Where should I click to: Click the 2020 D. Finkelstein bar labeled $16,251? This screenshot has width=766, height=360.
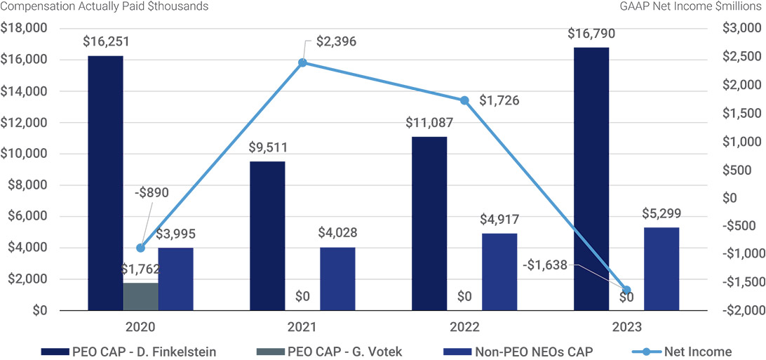click(105, 182)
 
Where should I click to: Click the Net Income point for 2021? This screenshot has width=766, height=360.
click(302, 62)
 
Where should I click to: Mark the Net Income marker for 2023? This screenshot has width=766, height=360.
click(626, 290)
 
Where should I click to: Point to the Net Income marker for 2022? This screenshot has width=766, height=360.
click(464, 100)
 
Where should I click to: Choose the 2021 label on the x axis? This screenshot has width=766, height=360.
click(302, 326)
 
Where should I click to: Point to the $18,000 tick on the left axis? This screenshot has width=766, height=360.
click(24, 29)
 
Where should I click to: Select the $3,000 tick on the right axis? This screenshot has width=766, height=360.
click(739, 29)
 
